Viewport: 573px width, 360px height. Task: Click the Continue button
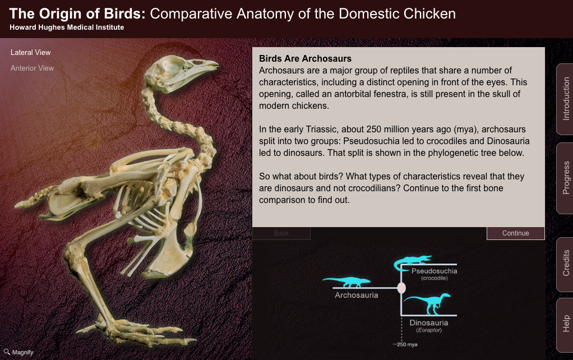point(515,233)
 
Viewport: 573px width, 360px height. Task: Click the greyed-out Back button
point(281,233)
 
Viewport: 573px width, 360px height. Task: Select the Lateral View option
point(31,53)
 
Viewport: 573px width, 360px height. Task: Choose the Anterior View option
point(33,68)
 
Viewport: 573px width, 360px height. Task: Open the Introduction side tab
point(565,99)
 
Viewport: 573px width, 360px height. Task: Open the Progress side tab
point(565,178)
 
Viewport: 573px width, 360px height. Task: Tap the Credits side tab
point(565,263)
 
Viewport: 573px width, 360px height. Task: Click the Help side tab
point(565,324)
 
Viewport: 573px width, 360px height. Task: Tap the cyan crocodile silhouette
point(413,261)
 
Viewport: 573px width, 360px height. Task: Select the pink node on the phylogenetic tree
point(401,288)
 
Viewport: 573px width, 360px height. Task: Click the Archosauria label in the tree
point(356,295)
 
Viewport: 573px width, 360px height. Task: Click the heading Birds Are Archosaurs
point(305,58)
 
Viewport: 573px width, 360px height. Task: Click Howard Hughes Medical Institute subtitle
point(67,27)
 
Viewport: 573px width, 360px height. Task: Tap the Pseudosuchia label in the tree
point(434,271)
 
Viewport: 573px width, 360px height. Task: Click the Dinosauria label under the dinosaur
point(428,323)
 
